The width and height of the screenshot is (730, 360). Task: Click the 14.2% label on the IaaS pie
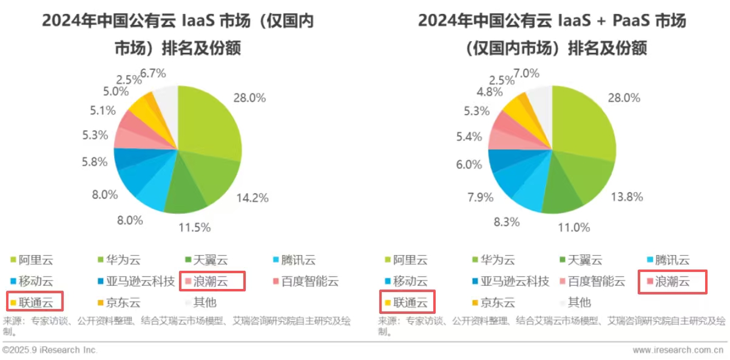coord(253,197)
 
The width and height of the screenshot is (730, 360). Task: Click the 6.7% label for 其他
coord(153,73)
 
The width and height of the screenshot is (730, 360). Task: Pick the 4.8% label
coord(490,92)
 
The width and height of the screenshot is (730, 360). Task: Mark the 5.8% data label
coord(95,163)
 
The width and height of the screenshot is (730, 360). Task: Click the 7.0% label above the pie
coord(526,73)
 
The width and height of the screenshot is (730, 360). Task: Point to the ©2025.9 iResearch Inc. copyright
coord(50,350)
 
